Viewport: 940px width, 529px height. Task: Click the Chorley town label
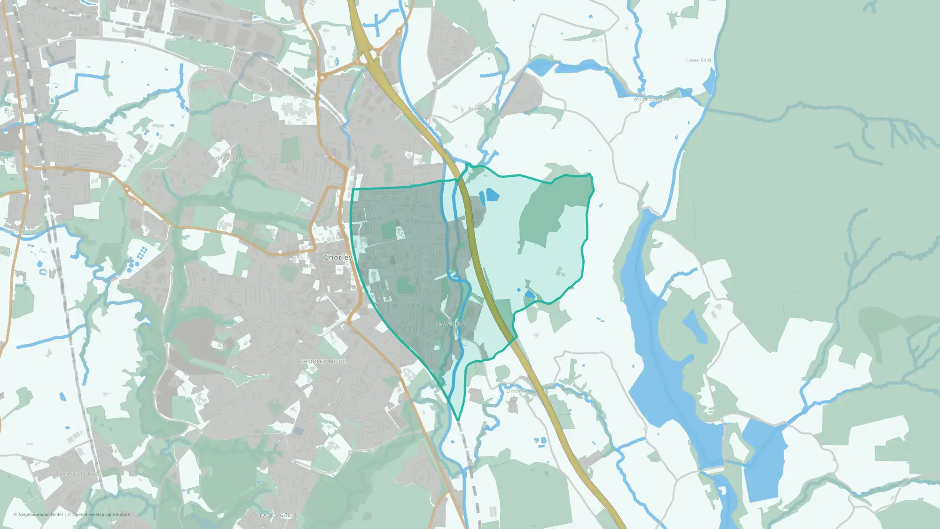point(338,257)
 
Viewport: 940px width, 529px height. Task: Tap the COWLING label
point(450,324)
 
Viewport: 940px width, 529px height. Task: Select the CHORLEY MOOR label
point(323,362)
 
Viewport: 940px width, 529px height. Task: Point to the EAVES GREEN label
point(279,515)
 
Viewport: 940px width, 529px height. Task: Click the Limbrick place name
point(516,391)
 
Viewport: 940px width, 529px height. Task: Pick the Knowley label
point(478,109)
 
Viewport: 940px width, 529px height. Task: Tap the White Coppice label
point(651,99)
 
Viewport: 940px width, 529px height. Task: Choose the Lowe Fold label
point(698,60)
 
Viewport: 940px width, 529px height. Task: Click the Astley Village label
point(227,158)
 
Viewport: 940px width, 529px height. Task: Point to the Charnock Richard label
point(78,474)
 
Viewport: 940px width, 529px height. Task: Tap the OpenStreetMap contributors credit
point(101,514)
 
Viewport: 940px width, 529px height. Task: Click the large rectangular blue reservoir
point(765,458)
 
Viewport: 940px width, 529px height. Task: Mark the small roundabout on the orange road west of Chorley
point(127,189)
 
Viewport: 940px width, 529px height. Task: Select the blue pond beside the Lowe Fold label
point(709,82)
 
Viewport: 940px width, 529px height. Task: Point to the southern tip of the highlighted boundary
point(458,420)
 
